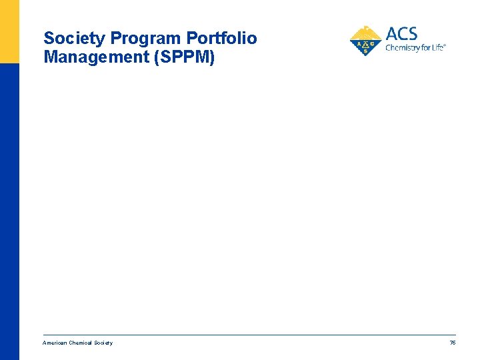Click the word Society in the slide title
coord(74,39)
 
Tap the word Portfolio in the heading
coord(221,39)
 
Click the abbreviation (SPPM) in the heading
coord(184,57)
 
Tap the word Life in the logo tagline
coord(438,48)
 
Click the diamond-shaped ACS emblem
coord(365,42)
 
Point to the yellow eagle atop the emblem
coord(365,31)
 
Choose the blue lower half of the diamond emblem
coord(365,49)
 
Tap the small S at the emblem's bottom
coord(365,51)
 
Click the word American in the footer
coord(55,343)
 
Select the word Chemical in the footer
coord(80,343)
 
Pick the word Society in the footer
coord(103,343)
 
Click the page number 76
coord(452,343)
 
